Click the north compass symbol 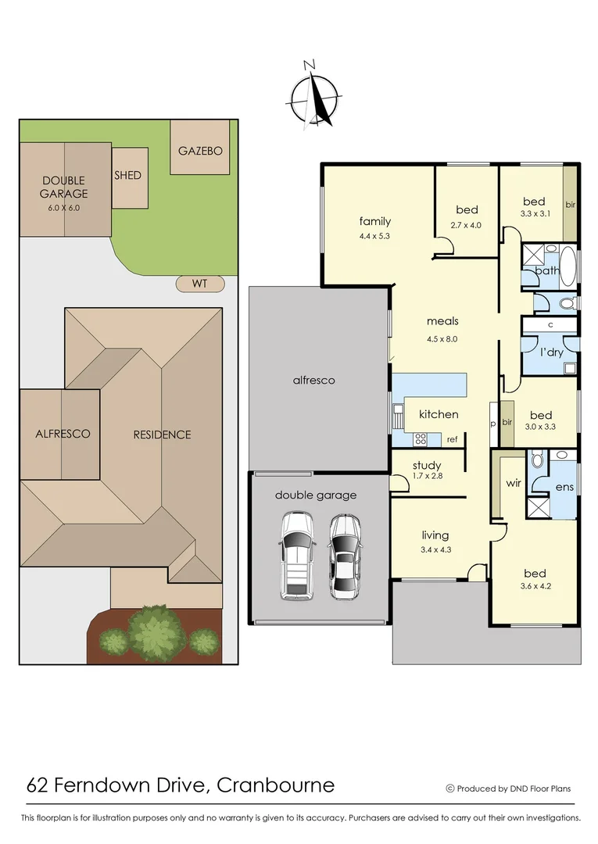coord(315,98)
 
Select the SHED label coord(128,175)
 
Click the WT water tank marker coord(200,283)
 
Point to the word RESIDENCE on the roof coord(162,435)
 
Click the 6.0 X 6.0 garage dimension coord(65,208)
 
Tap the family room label coord(374,221)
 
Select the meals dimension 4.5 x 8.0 coord(442,338)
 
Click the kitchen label coord(439,414)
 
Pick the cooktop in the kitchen coord(423,438)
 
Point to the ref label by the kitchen coord(452,439)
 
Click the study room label coord(427,466)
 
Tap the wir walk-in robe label coord(513,483)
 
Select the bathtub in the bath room coord(567,266)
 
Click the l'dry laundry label coord(552,352)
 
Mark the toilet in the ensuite coord(537,461)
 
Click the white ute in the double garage coord(297,555)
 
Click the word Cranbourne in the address coord(275,785)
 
